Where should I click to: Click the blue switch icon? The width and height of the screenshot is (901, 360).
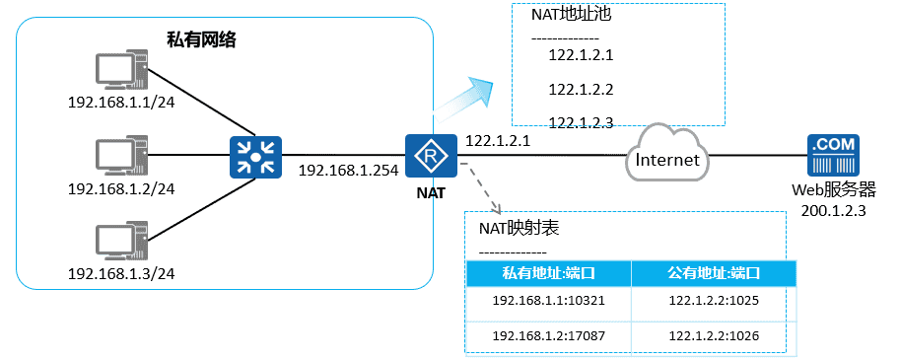(x=256, y=155)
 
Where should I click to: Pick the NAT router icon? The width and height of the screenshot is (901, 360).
(x=429, y=155)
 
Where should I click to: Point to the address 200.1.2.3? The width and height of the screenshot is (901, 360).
(x=833, y=209)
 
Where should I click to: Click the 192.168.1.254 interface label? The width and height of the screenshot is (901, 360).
(x=348, y=171)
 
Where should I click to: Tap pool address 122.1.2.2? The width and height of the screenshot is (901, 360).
(x=581, y=90)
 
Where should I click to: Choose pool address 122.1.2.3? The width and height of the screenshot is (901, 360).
(x=581, y=122)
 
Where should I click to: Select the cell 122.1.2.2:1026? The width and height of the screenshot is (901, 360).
(x=713, y=336)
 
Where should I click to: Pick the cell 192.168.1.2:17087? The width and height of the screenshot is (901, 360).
(x=548, y=336)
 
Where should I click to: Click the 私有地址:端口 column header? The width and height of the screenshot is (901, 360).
(x=548, y=273)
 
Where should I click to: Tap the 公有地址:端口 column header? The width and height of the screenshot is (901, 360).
(x=713, y=273)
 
